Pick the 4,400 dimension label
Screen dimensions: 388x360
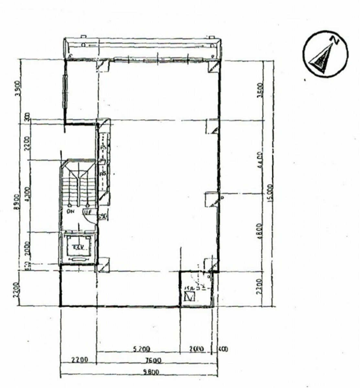[x=261, y=159]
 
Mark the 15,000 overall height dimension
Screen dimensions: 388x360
[x=271, y=193]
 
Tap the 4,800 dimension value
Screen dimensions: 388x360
[x=261, y=230]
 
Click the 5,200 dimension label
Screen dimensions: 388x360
[x=141, y=349]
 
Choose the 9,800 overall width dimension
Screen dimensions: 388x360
[x=152, y=372]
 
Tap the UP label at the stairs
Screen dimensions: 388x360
[x=87, y=212]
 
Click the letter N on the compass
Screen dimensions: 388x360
[x=335, y=40]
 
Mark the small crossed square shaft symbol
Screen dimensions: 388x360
[x=189, y=296]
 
